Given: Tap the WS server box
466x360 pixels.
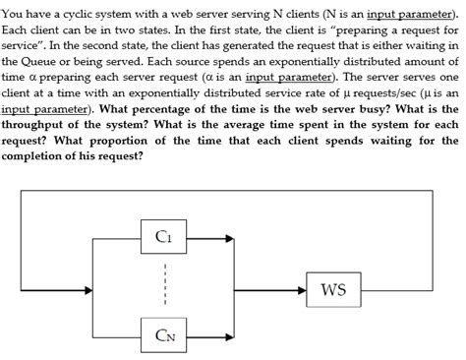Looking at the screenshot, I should coord(334,289).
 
